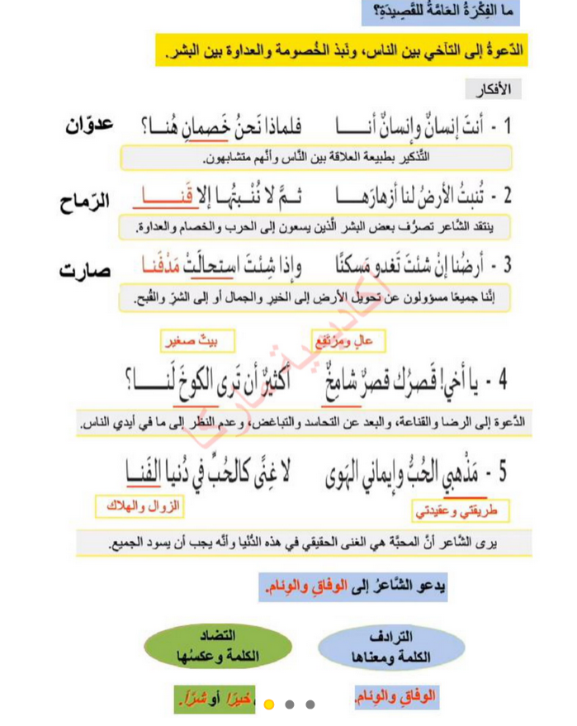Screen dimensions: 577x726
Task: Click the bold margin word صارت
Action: coord(86,272)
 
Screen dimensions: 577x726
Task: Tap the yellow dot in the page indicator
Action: coord(268,705)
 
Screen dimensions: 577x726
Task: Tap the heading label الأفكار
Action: coord(494,88)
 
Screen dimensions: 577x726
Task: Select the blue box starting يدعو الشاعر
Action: coord(352,587)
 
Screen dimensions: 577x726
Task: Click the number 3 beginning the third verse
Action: coord(507,266)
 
